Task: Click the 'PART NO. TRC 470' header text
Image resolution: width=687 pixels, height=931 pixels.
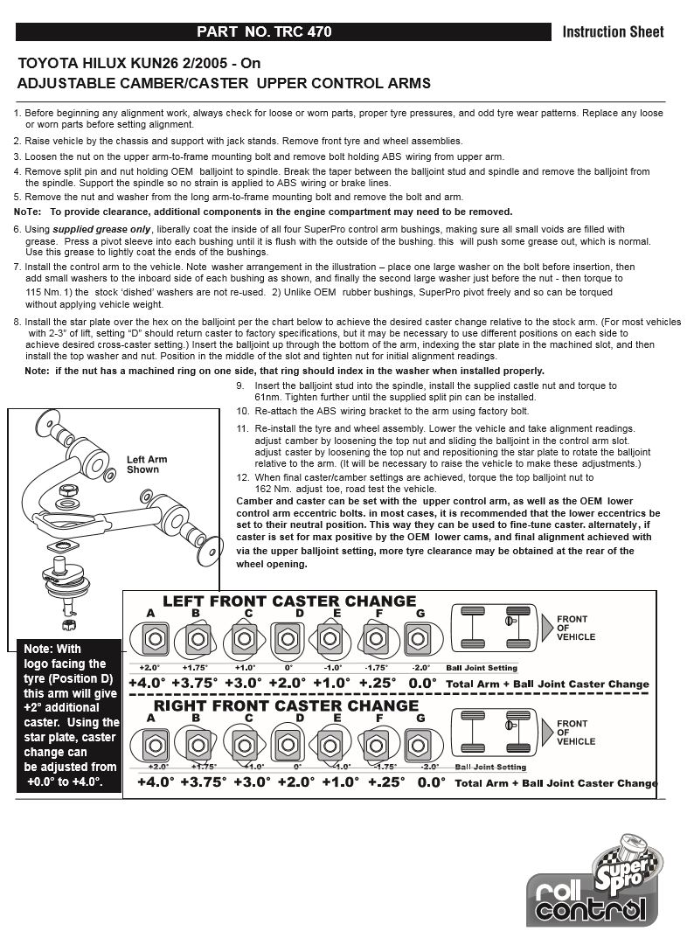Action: coord(264,32)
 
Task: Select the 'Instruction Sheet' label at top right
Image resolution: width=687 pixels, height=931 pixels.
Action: coord(613,32)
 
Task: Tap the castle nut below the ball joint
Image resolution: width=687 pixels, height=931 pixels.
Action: coord(67,624)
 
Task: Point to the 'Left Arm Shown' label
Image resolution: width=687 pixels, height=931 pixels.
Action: coord(147,464)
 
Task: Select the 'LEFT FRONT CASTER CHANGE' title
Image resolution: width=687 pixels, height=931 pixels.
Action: coord(289,601)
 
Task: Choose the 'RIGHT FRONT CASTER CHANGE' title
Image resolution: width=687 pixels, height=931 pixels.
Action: coord(286,705)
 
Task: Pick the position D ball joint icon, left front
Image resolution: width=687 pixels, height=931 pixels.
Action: coord(288,639)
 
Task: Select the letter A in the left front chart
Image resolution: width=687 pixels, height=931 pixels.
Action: coord(150,614)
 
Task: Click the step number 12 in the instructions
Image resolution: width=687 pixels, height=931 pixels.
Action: coord(243,477)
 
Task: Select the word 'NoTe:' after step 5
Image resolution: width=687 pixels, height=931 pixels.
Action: coord(27,212)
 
